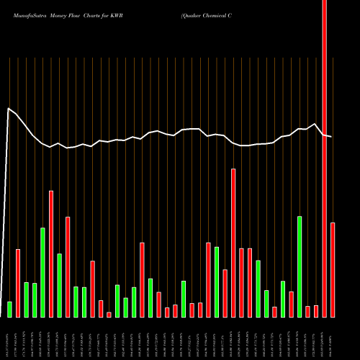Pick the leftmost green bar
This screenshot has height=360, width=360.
[x=9, y=310]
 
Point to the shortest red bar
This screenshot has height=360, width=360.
[x=109, y=315]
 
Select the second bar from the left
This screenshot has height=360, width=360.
[x=18, y=283]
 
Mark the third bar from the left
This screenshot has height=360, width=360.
[x=26, y=300]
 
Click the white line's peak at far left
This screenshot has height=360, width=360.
[x=9, y=109]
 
